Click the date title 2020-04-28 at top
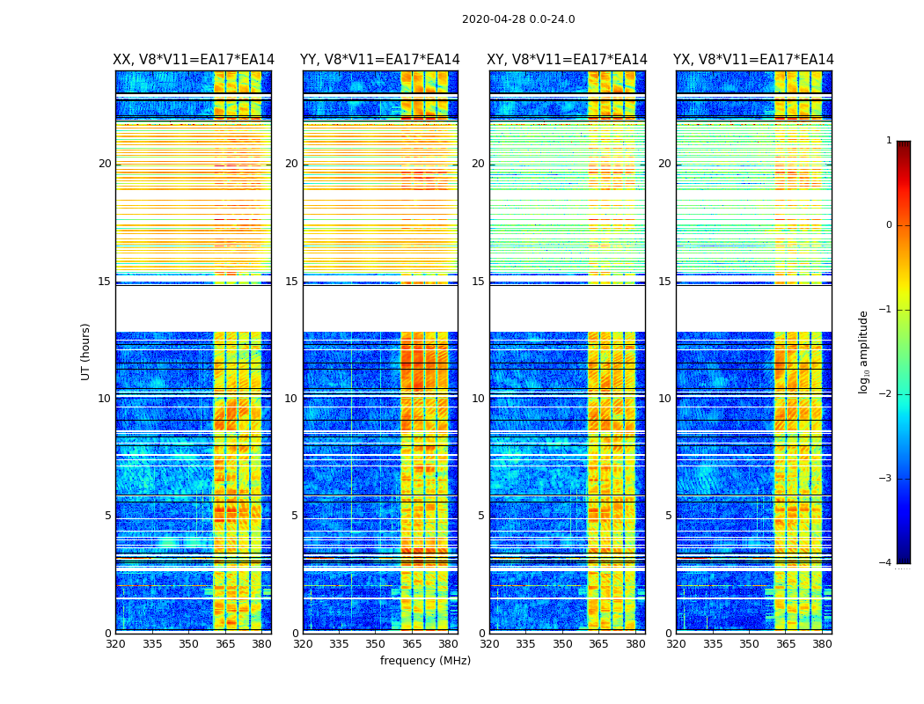point(518,19)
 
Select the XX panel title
point(194,60)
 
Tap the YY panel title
point(380,60)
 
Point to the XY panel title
point(568,60)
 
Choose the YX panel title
point(753,60)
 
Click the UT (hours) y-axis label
point(86,351)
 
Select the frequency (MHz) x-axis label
point(425,661)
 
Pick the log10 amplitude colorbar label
point(864,351)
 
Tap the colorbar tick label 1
point(889,141)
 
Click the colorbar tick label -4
point(887,563)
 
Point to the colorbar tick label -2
point(887,394)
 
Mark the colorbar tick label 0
point(889,225)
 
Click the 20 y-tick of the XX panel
point(105,164)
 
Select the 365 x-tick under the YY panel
point(413,643)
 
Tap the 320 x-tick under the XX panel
point(115,643)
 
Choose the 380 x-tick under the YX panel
point(822,643)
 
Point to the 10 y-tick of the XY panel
point(478,399)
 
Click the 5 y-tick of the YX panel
point(669,516)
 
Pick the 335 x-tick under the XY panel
point(525,643)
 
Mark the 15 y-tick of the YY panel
point(291,282)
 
